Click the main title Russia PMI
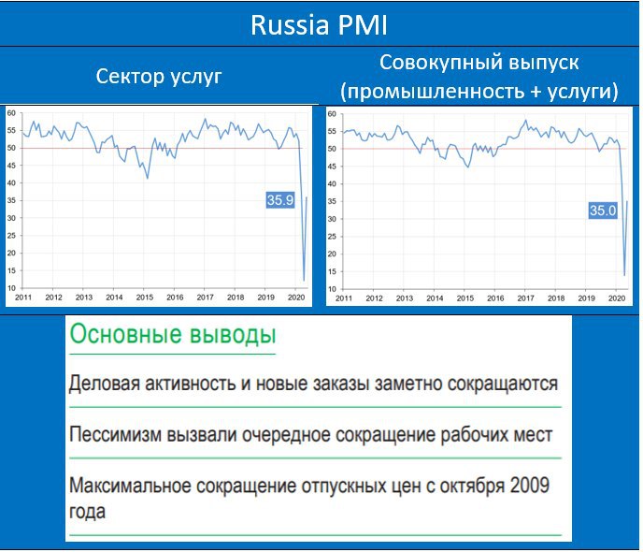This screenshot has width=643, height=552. click(319, 25)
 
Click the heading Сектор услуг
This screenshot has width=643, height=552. click(159, 77)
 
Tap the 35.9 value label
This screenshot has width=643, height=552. click(280, 200)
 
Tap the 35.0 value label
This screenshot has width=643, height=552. click(603, 211)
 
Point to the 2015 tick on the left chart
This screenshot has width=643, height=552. click(144, 298)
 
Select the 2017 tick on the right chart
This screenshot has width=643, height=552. click(525, 298)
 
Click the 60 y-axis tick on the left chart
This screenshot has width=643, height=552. click(11, 113)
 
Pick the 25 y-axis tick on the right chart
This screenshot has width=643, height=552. click(332, 237)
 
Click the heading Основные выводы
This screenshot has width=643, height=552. click(173, 335)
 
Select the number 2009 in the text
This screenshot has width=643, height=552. click(529, 486)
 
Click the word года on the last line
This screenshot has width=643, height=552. click(87, 512)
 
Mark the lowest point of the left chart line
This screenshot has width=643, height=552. click(304, 281)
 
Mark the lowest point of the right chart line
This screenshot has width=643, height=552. click(624, 275)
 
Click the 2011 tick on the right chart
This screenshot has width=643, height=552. click(344, 298)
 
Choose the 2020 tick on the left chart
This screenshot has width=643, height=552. click(296, 298)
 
